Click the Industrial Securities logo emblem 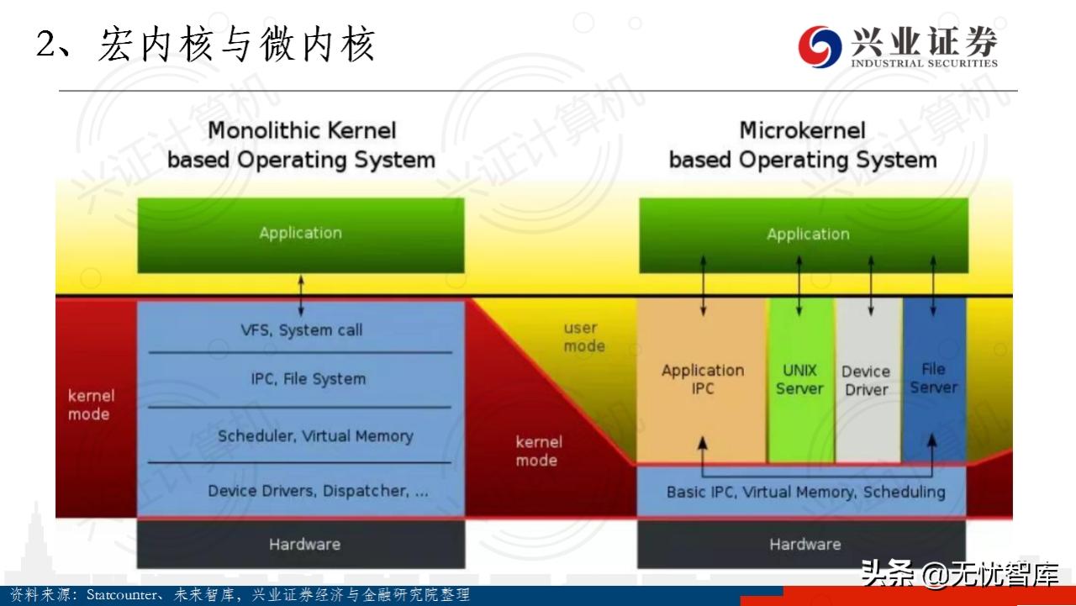820,46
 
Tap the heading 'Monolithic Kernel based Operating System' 301,145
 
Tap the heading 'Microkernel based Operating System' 802,145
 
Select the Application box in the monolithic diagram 301,234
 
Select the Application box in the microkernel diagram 804,234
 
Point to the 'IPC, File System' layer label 308,379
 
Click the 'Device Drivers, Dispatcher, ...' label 318,491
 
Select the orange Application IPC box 702,380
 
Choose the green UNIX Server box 799,380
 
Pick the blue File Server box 934,379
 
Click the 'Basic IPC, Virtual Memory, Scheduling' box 804,492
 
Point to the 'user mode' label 583,337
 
